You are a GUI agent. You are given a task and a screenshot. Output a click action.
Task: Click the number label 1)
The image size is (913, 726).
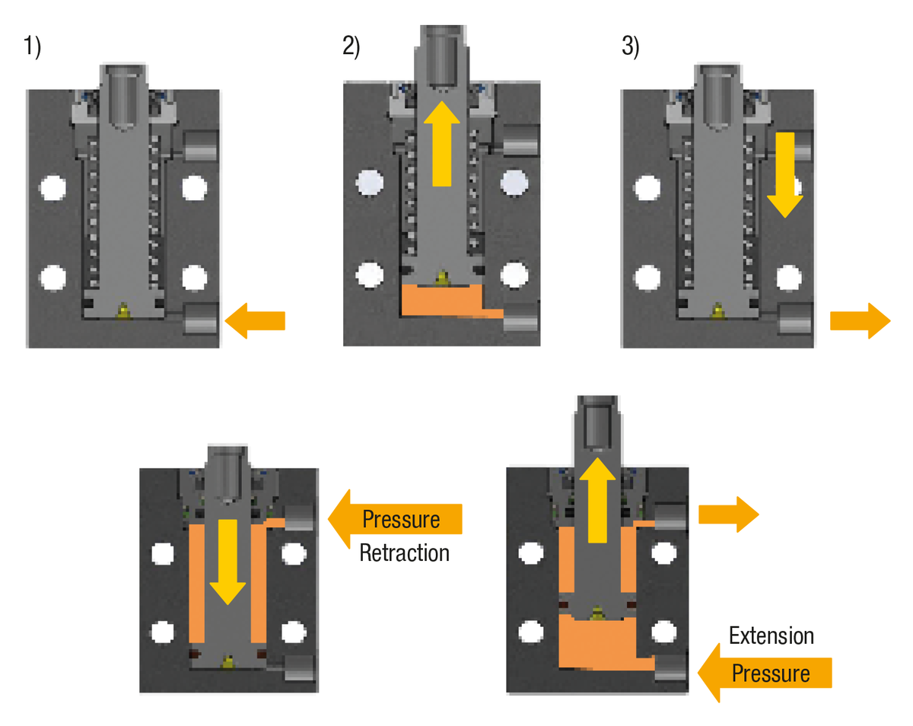pyautogui.click(x=33, y=47)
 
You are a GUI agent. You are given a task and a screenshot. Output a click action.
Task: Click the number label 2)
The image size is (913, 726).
pyautogui.click(x=351, y=47)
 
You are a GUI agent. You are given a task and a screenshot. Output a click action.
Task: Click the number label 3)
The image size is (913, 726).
pyautogui.click(x=631, y=47)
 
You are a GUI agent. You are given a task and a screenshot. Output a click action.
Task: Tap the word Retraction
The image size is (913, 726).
pyautogui.click(x=404, y=552)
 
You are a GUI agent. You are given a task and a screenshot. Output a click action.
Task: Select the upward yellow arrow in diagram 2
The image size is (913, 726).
pyautogui.click(x=441, y=144)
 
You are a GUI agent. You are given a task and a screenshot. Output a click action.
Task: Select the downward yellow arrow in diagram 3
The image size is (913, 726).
pyautogui.click(x=784, y=173)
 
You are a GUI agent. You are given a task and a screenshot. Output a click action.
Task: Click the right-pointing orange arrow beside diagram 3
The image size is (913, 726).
pyautogui.click(x=859, y=320)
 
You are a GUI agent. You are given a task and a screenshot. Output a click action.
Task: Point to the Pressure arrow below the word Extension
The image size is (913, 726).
pyautogui.click(x=764, y=673)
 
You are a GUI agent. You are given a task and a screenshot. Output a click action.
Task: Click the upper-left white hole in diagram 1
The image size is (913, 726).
pyautogui.click(x=52, y=186)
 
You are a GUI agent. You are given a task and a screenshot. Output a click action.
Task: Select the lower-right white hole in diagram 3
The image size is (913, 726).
pyautogui.click(x=789, y=278)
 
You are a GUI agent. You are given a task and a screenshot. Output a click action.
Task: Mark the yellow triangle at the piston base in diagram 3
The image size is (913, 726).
pyautogui.click(x=716, y=310)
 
